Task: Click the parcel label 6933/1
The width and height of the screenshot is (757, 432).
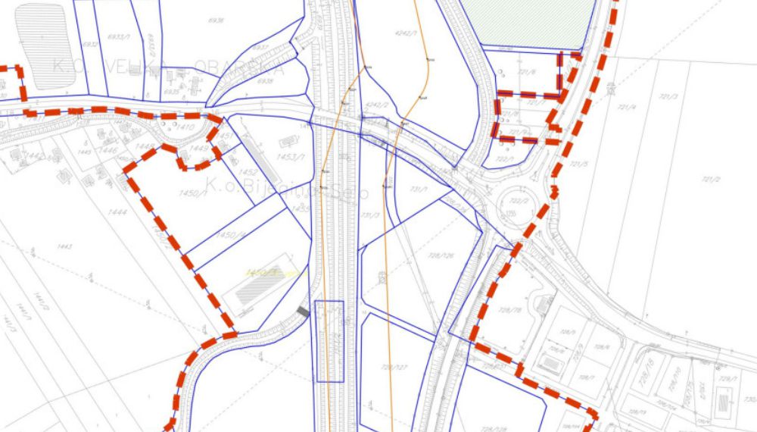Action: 117,36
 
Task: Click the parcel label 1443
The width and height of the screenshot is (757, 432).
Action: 64,246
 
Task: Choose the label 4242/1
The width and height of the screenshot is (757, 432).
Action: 407,33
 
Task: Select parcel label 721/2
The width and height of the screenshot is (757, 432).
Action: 710,179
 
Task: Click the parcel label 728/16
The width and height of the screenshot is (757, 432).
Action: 649,369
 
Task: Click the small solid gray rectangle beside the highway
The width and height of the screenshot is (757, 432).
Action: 303,311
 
